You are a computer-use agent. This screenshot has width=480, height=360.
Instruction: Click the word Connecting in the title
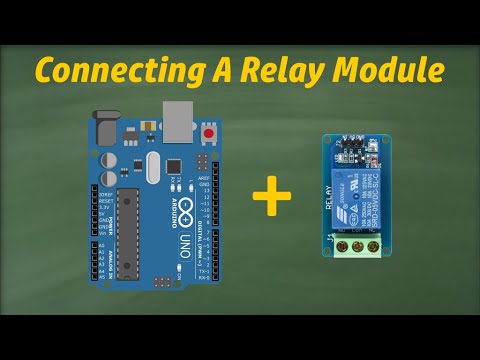[x=111, y=70]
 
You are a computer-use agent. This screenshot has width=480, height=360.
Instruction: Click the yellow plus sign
[x=271, y=194]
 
